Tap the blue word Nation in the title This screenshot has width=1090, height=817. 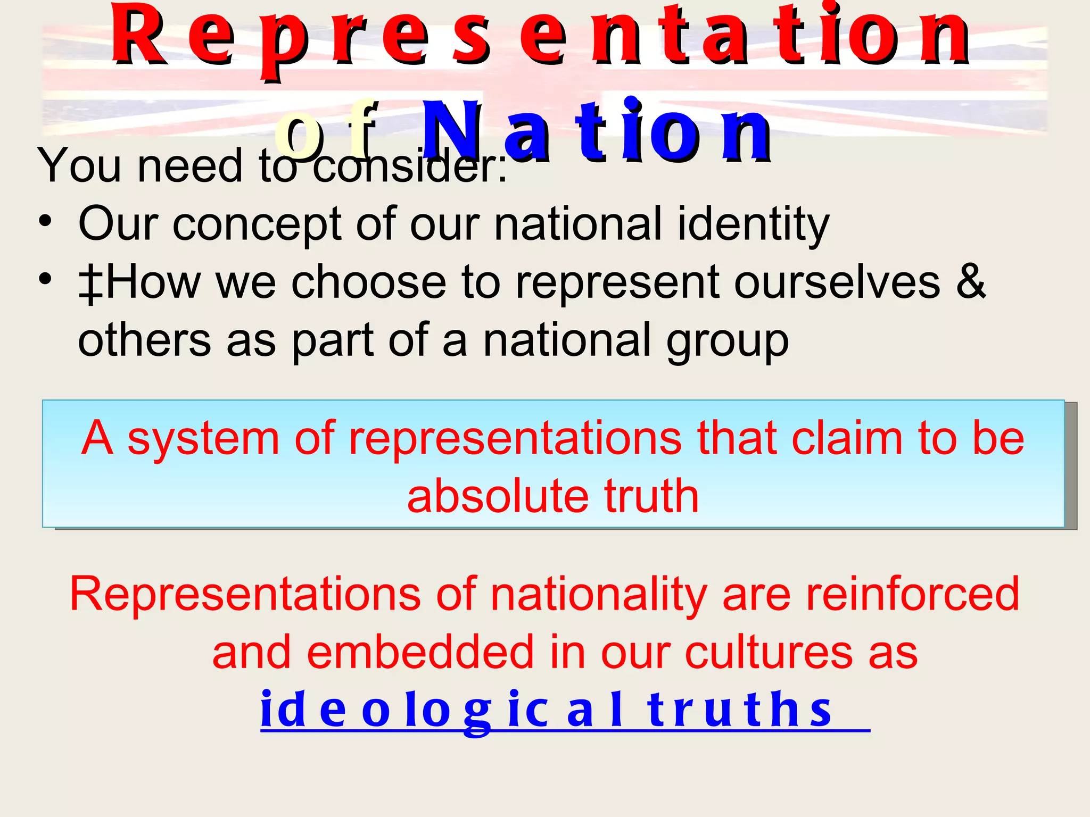pyautogui.click(x=596, y=132)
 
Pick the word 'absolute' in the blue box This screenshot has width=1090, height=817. pyautogui.click(x=498, y=496)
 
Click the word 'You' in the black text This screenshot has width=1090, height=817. pyautogui.click(x=80, y=166)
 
